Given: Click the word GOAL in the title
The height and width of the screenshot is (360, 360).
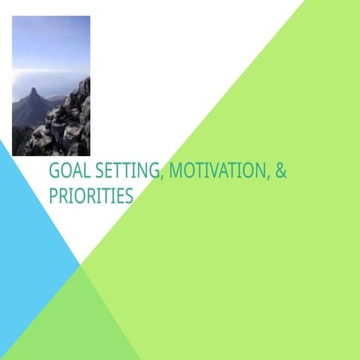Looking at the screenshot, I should tap(65, 172).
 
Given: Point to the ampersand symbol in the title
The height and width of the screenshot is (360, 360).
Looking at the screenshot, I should tap(281, 172).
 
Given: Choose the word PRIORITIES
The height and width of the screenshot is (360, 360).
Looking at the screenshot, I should tap(91, 196).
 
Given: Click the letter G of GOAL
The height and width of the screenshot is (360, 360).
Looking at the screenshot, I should tap(54, 172).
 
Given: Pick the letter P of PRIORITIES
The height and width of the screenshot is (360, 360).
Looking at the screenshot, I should tap(53, 196).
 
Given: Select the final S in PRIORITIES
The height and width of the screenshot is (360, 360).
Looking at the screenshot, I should tap(129, 196).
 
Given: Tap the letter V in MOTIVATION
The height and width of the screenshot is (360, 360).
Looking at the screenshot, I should tap(215, 172).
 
